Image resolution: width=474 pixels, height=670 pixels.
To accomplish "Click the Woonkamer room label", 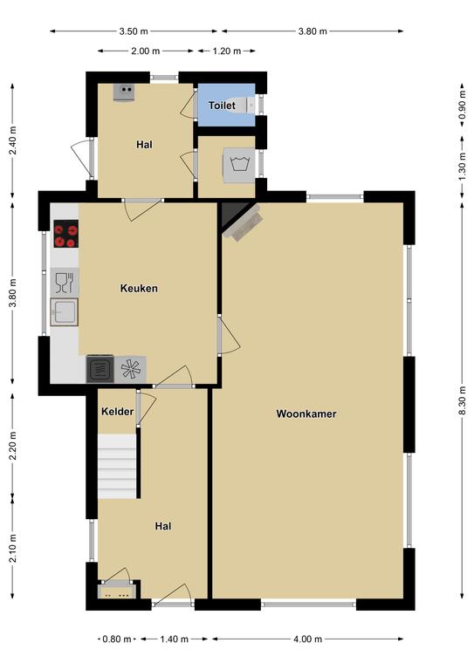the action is click(306, 414).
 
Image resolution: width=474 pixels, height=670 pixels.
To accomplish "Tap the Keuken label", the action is click(139, 289).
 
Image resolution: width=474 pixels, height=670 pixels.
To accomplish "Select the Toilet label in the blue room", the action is click(222, 105).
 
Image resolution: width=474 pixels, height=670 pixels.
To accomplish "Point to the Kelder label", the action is click(118, 412).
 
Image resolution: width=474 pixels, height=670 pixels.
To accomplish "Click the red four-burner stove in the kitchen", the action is click(66, 234).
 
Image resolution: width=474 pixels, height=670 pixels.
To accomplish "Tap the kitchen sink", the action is click(64, 312).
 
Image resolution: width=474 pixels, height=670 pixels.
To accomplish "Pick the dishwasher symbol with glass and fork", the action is click(65, 282).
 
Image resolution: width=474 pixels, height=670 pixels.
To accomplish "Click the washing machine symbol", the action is click(239, 166).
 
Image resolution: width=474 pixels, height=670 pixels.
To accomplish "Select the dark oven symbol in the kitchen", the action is click(100, 369).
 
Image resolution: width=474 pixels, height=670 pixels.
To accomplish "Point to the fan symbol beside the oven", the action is click(130, 369).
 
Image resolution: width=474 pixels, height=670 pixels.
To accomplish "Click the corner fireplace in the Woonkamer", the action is click(239, 220).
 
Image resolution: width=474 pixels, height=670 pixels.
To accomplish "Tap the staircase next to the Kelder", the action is click(118, 466).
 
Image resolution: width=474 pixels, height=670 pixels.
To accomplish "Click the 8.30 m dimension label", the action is click(463, 400).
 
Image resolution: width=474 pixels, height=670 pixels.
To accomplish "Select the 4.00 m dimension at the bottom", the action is click(308, 639).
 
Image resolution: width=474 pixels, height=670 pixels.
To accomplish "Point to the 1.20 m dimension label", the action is click(227, 51).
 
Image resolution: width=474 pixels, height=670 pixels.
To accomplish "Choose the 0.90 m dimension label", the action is click(463, 105).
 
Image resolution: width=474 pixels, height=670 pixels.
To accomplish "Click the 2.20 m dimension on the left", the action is click(13, 445).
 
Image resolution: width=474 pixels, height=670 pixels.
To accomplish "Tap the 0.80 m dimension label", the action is click(117, 639).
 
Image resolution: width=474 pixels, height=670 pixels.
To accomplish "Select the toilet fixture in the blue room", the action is click(247, 105).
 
